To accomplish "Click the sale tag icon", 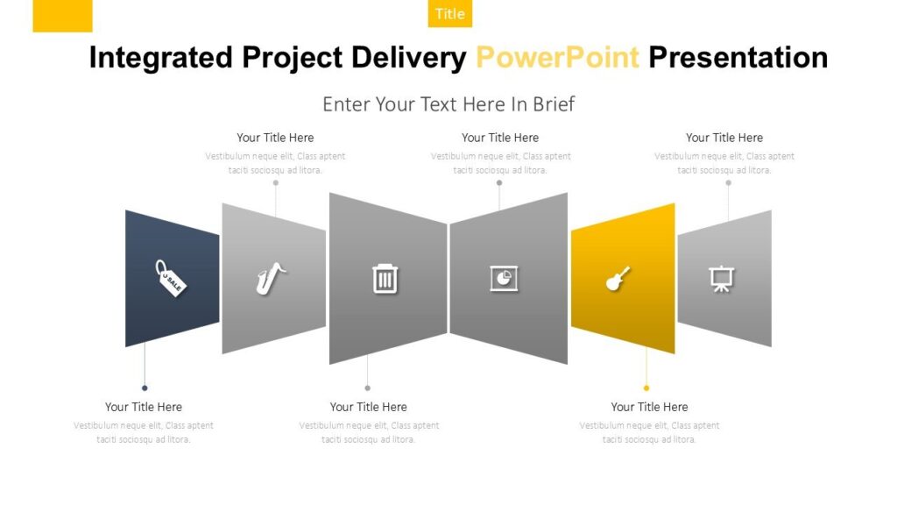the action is (x=171, y=278).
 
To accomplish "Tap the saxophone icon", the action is (x=271, y=278).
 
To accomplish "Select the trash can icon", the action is (x=385, y=279).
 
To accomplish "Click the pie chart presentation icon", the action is (x=504, y=279).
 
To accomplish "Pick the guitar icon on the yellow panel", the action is (x=618, y=279).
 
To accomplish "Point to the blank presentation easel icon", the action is (x=722, y=279).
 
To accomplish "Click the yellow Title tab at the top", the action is (x=450, y=14).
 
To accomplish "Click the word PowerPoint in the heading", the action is (x=557, y=58).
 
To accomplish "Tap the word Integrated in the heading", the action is (x=161, y=59).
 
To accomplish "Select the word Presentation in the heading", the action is (x=738, y=58).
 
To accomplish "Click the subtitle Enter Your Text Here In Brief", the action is (x=448, y=104).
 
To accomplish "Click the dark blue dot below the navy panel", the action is (x=145, y=388).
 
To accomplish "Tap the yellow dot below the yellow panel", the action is (x=646, y=388).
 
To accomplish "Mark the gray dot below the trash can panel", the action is (x=367, y=388).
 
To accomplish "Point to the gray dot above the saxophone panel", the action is (x=276, y=182).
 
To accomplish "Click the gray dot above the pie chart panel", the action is (x=499, y=182).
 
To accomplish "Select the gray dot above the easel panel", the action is (x=728, y=182).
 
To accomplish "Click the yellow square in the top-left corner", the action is (x=62, y=16).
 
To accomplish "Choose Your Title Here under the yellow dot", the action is (x=649, y=407).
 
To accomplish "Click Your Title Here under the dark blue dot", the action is (x=144, y=407).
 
